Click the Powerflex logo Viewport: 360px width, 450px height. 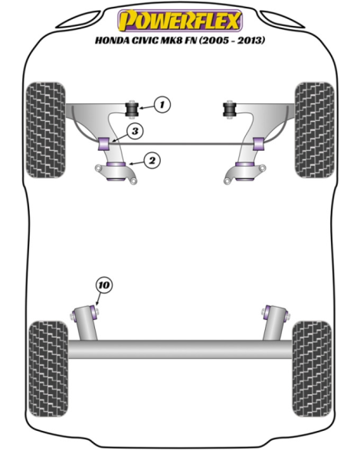coord(180,21)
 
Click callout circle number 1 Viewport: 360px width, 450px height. coord(162,104)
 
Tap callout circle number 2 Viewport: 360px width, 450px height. coord(152,161)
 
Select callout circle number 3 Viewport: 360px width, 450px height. coord(135,132)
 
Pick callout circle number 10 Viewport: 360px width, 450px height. coord(104,285)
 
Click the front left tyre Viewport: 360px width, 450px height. coord(45,130)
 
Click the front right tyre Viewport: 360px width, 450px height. coord(315,130)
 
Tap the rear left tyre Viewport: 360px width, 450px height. coord(49,369)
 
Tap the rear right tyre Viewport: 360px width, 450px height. coord(312,369)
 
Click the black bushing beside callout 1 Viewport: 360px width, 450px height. coord(133,109)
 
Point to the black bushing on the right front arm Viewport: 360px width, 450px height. coord(229,109)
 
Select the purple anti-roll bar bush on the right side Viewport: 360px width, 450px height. coord(259,144)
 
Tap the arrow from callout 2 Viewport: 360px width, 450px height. coord(136,163)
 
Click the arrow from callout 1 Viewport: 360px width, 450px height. coord(146,107)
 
